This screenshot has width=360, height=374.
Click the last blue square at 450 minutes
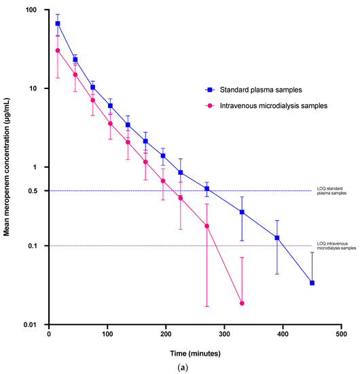point(312,283)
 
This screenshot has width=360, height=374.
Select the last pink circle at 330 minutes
point(242,303)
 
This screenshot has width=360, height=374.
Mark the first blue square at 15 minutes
point(58,24)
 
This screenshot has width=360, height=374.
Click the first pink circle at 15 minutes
point(58,50)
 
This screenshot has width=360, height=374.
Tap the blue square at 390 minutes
point(277,238)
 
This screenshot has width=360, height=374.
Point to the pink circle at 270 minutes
point(206,226)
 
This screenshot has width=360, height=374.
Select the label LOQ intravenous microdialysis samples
point(336,246)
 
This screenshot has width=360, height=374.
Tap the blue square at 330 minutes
point(242,212)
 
